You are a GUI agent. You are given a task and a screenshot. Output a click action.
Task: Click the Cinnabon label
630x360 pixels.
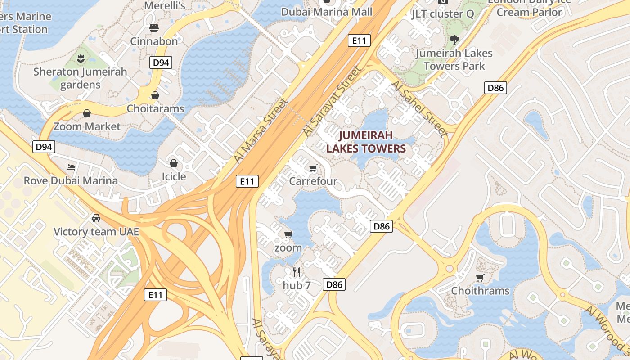click(x=154, y=41)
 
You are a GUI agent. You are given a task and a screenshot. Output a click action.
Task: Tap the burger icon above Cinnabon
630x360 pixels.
click(x=154, y=28)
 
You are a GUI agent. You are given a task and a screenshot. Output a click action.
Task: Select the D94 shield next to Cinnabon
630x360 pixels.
click(x=161, y=63)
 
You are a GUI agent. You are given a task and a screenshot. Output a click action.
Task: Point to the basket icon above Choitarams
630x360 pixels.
click(x=155, y=95)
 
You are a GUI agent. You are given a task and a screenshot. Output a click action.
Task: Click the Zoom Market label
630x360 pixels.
click(x=87, y=126)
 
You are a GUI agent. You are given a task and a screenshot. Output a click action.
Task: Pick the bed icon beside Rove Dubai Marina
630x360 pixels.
click(x=71, y=167)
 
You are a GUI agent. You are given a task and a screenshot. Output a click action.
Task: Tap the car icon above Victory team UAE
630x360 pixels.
click(x=96, y=218)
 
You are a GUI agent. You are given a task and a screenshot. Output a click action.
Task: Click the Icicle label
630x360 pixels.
click(x=174, y=176)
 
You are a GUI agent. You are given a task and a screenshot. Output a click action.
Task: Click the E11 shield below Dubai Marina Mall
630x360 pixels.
click(x=359, y=40)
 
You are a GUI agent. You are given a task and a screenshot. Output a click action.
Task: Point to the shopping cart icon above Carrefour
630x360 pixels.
click(x=313, y=168)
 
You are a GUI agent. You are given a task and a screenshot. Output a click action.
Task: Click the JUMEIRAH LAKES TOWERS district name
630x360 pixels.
click(x=366, y=142)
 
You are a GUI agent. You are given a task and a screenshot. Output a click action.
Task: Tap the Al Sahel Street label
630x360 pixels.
click(x=419, y=109)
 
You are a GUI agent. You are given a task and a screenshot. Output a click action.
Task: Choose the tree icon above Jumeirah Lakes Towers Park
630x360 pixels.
click(x=454, y=40)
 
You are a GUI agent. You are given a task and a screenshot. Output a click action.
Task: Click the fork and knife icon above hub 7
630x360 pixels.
click(x=297, y=272)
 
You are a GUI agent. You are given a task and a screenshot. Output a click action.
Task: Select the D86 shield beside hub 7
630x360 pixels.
click(x=334, y=284)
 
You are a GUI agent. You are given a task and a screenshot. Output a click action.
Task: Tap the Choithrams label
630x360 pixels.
click(x=480, y=291)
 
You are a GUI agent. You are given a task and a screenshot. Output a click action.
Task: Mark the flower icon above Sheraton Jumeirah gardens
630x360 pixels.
click(x=81, y=58)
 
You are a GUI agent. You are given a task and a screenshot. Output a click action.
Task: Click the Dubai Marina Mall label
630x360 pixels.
click(x=327, y=12)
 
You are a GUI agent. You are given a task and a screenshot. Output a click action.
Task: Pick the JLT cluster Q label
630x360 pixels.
click(x=443, y=14)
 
